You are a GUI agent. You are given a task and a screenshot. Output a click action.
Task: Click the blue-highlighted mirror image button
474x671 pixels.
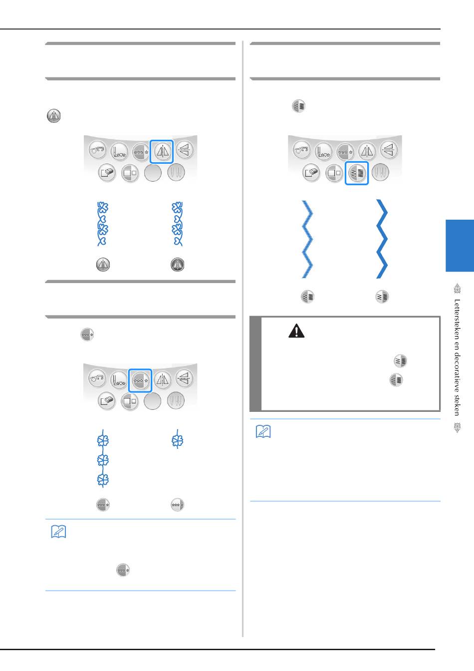click(x=162, y=152)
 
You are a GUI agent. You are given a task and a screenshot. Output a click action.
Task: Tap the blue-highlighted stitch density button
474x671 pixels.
click(x=357, y=173)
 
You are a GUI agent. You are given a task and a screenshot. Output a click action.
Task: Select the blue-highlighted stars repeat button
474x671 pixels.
click(x=140, y=380)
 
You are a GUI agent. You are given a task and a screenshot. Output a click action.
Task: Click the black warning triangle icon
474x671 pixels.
click(x=296, y=331)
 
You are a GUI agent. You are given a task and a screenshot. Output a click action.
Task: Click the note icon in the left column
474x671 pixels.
click(x=58, y=532)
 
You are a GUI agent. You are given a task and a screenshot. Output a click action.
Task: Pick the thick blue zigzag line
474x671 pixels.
click(x=382, y=239)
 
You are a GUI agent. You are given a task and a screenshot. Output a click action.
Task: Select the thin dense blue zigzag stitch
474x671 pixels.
click(x=307, y=239)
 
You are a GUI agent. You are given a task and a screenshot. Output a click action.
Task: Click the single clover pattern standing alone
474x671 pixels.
click(x=177, y=440)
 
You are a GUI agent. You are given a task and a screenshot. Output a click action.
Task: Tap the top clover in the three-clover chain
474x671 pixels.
click(x=103, y=440)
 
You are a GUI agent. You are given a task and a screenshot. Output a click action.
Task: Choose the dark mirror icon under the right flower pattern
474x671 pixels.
click(x=177, y=265)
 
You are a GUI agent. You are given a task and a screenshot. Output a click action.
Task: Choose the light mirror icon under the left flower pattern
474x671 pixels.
click(x=103, y=265)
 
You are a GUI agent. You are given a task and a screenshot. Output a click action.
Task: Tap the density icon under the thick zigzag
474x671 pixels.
click(x=382, y=297)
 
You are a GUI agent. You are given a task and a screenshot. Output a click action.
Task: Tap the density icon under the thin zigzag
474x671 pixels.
click(x=307, y=297)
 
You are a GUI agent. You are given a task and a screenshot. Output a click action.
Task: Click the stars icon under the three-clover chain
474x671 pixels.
click(x=103, y=505)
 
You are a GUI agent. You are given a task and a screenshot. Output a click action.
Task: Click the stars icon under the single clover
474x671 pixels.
click(x=177, y=505)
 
